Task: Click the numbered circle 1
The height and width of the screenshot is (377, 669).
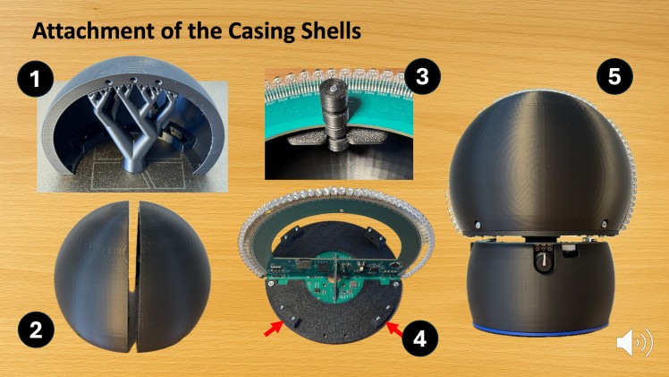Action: click(36, 79)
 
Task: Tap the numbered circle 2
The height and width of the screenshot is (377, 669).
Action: click(36, 330)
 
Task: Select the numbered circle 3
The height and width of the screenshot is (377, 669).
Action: click(422, 76)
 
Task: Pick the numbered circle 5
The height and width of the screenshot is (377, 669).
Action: click(614, 76)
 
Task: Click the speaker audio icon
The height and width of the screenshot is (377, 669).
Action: click(634, 341)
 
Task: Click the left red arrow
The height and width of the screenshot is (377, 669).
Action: click(273, 329)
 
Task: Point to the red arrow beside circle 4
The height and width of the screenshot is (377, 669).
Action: click(394, 330)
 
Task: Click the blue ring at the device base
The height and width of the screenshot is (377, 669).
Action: click(540, 330)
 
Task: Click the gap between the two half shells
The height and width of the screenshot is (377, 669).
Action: click(134, 278)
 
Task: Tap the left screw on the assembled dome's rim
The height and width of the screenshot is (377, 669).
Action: click(478, 225)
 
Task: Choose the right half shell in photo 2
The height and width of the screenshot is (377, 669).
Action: click(174, 277)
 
